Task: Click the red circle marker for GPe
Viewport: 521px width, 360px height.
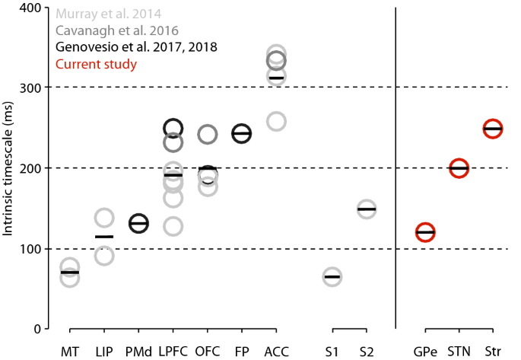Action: (425, 232)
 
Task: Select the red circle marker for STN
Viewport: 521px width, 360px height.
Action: (459, 168)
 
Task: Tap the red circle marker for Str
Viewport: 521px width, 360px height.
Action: (492, 129)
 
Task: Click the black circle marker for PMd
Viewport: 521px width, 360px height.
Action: (138, 223)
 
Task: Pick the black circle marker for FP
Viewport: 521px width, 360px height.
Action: (241, 134)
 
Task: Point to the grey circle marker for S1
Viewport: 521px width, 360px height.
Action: (332, 277)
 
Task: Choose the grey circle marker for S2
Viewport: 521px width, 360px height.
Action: (367, 209)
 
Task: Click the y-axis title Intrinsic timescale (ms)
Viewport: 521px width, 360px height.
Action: (10, 167)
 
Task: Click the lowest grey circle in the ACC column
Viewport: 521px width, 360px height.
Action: (276, 121)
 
